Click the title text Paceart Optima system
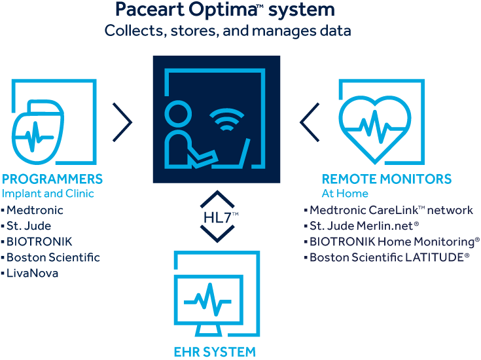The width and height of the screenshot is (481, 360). pos(224,10)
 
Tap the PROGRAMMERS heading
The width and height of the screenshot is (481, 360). pos(52,179)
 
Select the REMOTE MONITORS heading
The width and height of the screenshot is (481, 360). pos(386,179)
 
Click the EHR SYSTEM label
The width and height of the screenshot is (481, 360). pos(214,352)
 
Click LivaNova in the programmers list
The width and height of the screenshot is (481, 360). pos(32,273)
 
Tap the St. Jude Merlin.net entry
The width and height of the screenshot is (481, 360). pos(364,226)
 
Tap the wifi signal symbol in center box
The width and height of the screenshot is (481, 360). pos(224,122)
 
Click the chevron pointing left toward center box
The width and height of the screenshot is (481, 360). pos(309,122)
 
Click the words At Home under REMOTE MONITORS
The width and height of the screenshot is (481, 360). pos(344,194)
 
